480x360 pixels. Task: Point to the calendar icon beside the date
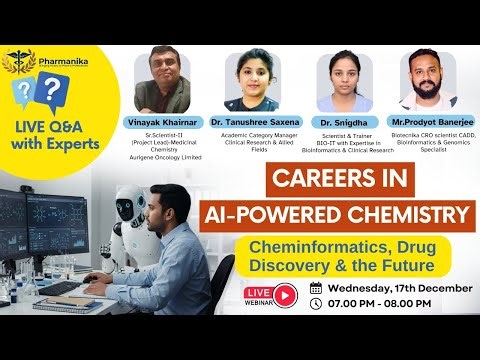tap(316, 288)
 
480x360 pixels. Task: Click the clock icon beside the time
tap(316, 306)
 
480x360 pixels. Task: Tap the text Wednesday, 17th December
tap(394, 288)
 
